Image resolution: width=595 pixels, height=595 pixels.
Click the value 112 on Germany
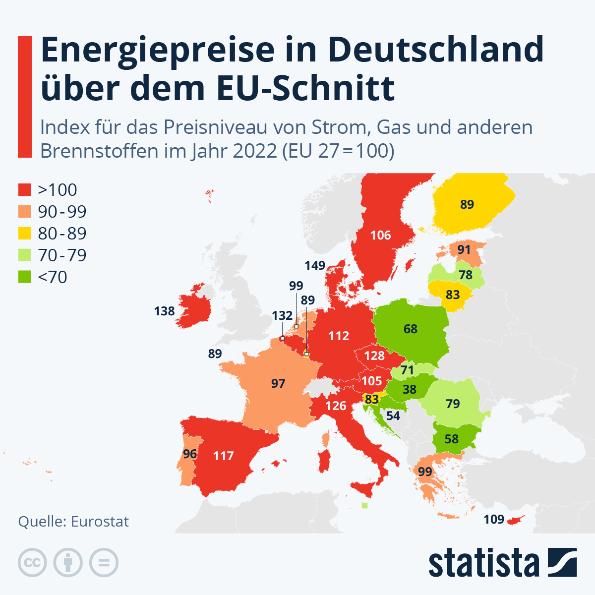tap(339, 336)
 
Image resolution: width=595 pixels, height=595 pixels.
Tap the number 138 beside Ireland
tap(165, 311)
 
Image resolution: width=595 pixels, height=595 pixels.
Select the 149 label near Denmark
tap(315, 266)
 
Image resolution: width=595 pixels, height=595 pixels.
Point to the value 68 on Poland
tap(411, 329)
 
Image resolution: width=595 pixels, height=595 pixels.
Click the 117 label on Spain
tap(223, 456)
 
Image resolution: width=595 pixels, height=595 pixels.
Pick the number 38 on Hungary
tap(410, 390)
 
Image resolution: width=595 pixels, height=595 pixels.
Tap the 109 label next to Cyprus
tap(494, 520)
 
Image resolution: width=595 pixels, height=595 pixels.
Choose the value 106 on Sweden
tap(381, 236)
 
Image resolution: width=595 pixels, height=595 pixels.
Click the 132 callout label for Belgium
tap(282, 316)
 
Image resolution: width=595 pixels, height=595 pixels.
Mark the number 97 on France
tap(278, 383)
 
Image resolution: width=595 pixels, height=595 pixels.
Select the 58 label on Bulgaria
tap(452, 439)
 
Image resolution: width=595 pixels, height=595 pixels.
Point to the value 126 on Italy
tap(336, 406)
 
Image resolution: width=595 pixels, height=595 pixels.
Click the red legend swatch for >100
tap(25, 190)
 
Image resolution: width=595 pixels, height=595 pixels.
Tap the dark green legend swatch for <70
tap(25, 277)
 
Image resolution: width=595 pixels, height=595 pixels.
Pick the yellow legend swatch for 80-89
tap(25, 234)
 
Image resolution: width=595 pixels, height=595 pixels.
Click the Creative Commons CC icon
tap(32, 563)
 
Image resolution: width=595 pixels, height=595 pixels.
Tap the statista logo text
tap(483, 563)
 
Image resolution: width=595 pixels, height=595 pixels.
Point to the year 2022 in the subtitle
tap(255, 151)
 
